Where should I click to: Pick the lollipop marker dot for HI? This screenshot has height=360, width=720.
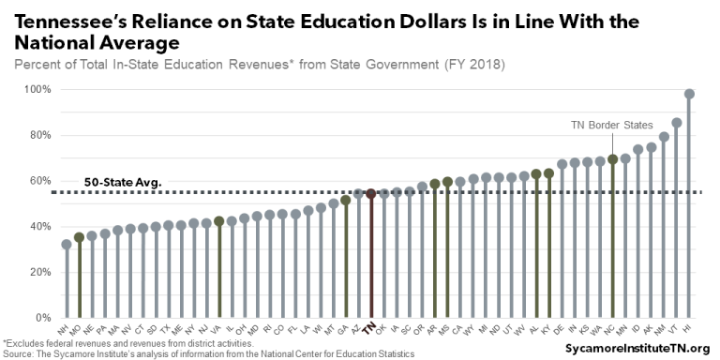pyautogui.click(x=689, y=94)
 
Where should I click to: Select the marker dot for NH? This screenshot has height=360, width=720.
pyautogui.click(x=66, y=244)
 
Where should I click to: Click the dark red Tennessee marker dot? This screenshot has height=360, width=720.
pyautogui.click(x=371, y=194)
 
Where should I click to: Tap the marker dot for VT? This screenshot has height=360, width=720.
pyautogui.click(x=676, y=122)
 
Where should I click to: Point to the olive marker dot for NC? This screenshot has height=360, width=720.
pyautogui.click(x=612, y=159)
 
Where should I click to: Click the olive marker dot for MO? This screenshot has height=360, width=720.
pyautogui.click(x=79, y=237)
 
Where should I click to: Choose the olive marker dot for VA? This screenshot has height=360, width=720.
pyautogui.click(x=218, y=221)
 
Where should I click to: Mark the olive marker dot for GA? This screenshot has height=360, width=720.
pyautogui.click(x=346, y=200)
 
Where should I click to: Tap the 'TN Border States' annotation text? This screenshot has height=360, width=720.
pyautogui.click(x=610, y=125)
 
